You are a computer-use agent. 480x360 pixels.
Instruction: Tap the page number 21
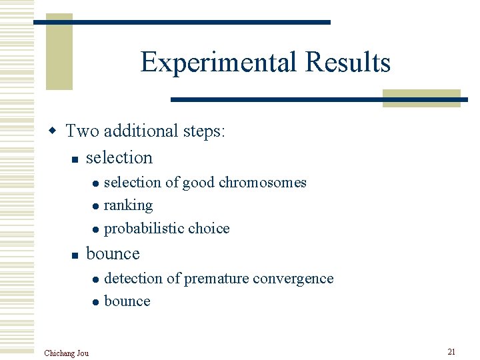[451, 351]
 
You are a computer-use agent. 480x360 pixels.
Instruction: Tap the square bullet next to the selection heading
[75, 159]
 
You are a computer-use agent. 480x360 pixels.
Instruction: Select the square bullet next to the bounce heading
[75, 255]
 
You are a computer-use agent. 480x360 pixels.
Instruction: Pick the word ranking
[128, 205]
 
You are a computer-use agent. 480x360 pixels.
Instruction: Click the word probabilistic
[134, 229]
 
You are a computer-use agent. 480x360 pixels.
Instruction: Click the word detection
[133, 278]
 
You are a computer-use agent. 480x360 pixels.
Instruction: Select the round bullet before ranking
[96, 207]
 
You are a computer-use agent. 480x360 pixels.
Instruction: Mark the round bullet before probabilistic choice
[96, 230]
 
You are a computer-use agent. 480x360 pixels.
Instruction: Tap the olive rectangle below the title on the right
[421, 98]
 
